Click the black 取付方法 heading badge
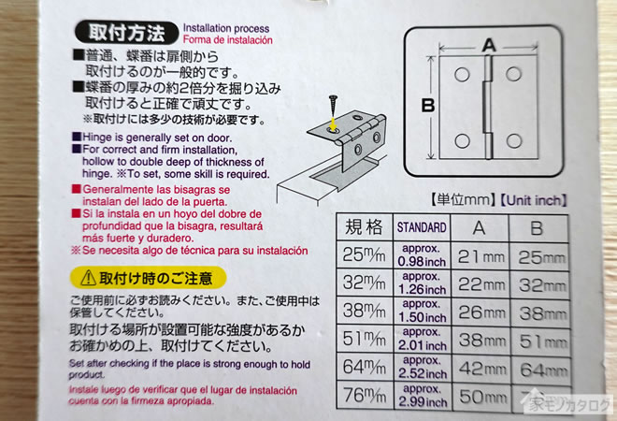(x=127, y=33)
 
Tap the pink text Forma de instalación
(x=228, y=40)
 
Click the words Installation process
(x=226, y=28)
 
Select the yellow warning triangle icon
(x=88, y=278)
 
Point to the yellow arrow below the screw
(x=334, y=123)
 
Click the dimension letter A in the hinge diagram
(x=489, y=46)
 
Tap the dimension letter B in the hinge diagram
(x=428, y=106)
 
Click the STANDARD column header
(x=422, y=227)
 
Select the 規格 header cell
(x=364, y=227)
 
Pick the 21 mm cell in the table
(x=481, y=256)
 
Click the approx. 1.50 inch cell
(x=422, y=312)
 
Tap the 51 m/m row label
(x=364, y=339)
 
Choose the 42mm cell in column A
(x=481, y=369)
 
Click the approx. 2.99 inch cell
(x=423, y=396)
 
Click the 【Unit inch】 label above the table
(x=533, y=200)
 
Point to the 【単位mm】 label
(x=463, y=200)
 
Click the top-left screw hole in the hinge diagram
(x=462, y=75)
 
